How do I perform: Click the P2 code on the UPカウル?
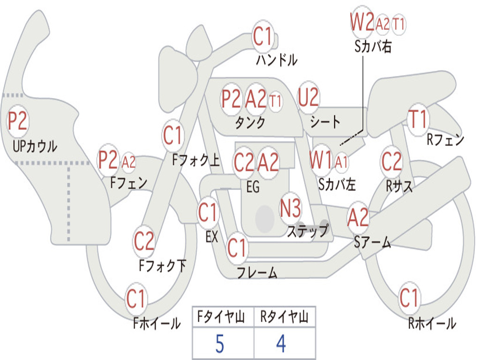pyautogui.click(x=18, y=120)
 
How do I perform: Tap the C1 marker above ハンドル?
pyautogui.click(x=262, y=36)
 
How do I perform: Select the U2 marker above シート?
pyautogui.click(x=308, y=97)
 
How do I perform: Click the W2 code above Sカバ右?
pyautogui.click(x=362, y=22)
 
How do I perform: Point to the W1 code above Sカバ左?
pyautogui.click(x=321, y=160)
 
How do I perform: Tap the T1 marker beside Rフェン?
pyautogui.click(x=418, y=120)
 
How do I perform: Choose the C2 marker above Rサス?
pyautogui.click(x=391, y=161)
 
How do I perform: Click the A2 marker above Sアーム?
pyautogui.click(x=358, y=217)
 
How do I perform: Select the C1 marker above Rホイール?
pyautogui.click(x=409, y=297)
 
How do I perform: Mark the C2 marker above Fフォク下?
pyautogui.click(x=144, y=241)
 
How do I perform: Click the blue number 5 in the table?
pyautogui.click(x=219, y=344)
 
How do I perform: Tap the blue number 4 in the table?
pyautogui.click(x=281, y=344)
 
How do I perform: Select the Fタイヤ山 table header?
pyautogui.click(x=221, y=317)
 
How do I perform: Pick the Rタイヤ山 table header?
pyautogui.click(x=284, y=317)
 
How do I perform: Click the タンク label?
pyautogui.click(x=250, y=123)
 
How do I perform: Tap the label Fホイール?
pyautogui.click(x=157, y=323)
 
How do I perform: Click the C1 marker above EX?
pyautogui.click(x=208, y=212)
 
